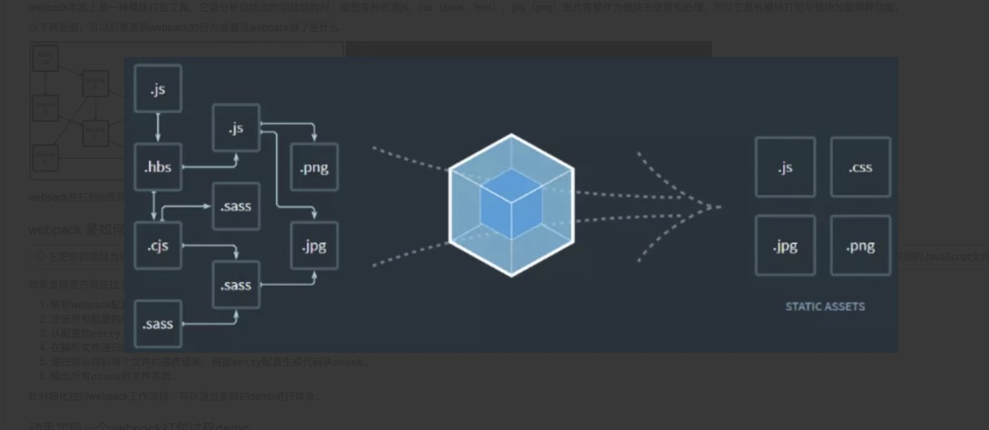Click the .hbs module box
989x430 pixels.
click(158, 167)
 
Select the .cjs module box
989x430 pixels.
click(158, 245)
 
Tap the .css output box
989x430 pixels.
click(861, 167)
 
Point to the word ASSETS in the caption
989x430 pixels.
click(845, 307)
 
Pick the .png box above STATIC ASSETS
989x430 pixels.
click(861, 245)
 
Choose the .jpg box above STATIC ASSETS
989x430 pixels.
click(785, 245)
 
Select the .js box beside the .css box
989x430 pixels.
click(785, 167)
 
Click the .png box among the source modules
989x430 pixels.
click(314, 167)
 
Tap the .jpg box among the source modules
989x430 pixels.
click(314, 245)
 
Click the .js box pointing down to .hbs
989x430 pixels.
click(158, 89)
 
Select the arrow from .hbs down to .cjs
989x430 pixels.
click(154, 207)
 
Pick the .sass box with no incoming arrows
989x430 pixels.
click(158, 323)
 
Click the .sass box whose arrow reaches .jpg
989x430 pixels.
click(236, 285)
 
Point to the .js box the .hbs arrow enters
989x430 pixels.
click(236, 128)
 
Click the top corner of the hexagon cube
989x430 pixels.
click(511, 135)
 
